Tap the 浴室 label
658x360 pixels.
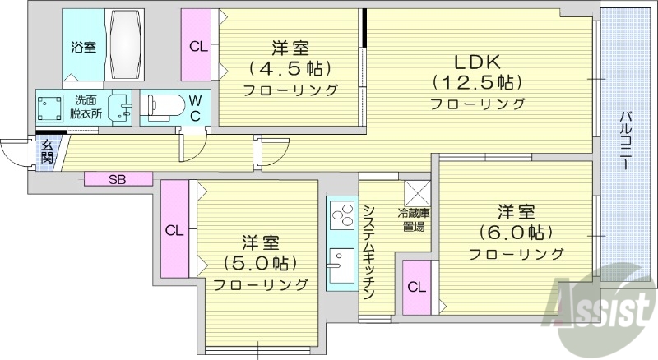tap(82, 47)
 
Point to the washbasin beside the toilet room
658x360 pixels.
tap(123, 107)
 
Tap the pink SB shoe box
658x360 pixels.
tap(118, 178)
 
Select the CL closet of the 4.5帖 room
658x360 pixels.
tap(198, 46)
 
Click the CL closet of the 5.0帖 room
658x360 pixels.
tap(175, 229)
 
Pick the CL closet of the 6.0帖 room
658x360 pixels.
tap(417, 287)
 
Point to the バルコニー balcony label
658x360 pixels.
tap(626, 139)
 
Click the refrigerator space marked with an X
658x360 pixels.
tap(415, 194)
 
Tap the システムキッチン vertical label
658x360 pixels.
tap(369, 252)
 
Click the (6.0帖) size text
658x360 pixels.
tap(517, 231)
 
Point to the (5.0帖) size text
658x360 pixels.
tap(261, 264)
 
